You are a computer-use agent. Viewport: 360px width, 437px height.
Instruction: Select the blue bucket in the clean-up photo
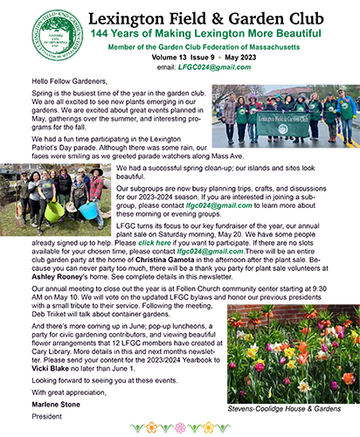(x=87, y=210)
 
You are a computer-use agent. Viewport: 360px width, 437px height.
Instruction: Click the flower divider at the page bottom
(x=180, y=428)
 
